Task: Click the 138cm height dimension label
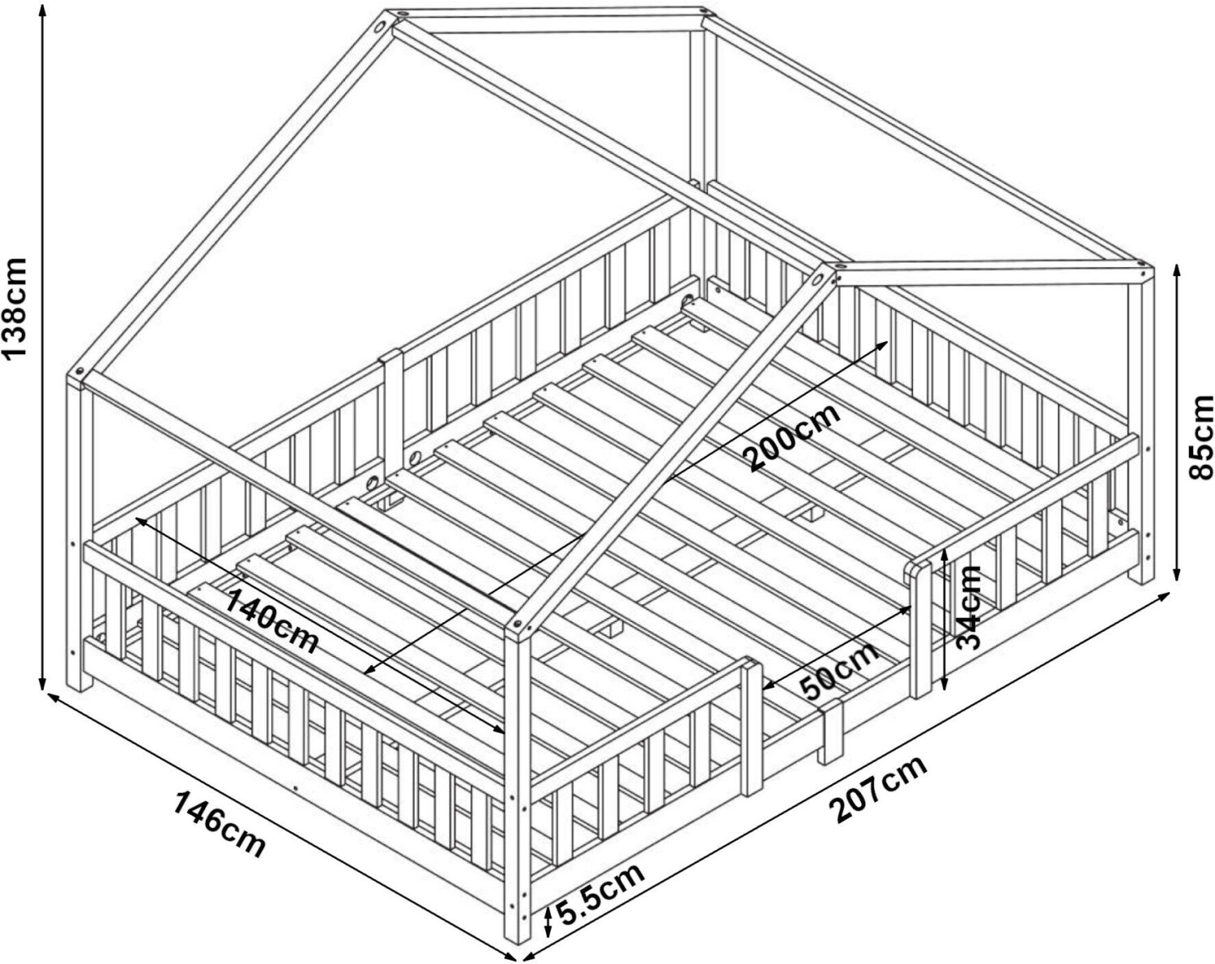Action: pos(14,308)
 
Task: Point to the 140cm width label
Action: pos(272,621)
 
